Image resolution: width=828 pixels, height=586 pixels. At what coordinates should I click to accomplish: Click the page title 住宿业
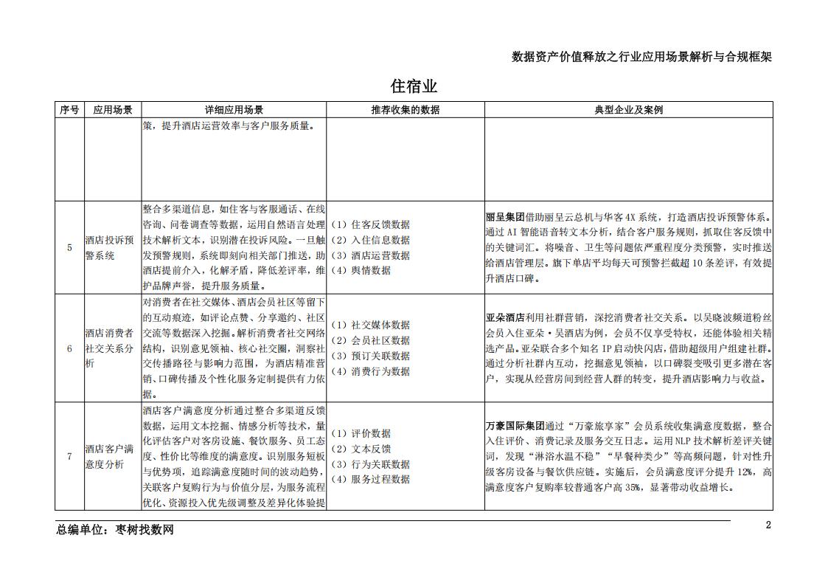point(414,86)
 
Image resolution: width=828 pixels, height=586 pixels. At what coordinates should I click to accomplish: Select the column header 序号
point(69,110)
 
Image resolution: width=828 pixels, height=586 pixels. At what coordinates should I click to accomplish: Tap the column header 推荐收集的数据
point(405,110)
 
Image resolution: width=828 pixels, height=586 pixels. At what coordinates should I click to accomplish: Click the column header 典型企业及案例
point(628,110)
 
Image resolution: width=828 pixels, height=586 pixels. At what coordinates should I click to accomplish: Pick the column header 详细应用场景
point(234,110)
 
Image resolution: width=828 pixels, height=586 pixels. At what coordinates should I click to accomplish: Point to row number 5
point(69,247)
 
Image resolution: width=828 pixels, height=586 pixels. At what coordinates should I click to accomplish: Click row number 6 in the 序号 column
point(69,348)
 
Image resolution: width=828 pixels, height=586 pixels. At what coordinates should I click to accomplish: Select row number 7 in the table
point(69,456)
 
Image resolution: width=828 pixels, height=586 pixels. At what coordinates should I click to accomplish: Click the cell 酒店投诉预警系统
point(109,247)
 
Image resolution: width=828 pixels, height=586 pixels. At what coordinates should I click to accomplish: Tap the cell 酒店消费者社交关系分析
point(109,348)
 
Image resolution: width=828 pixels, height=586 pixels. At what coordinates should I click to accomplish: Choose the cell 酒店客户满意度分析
point(109,456)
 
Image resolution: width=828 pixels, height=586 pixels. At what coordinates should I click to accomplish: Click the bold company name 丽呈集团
point(505,217)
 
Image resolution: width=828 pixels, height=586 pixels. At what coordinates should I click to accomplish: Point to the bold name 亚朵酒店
point(505,317)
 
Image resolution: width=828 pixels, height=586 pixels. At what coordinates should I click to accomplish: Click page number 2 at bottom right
point(768,525)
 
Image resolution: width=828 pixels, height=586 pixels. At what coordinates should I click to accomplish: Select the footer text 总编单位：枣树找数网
point(115,529)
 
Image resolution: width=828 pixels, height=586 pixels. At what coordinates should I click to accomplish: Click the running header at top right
point(641,57)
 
